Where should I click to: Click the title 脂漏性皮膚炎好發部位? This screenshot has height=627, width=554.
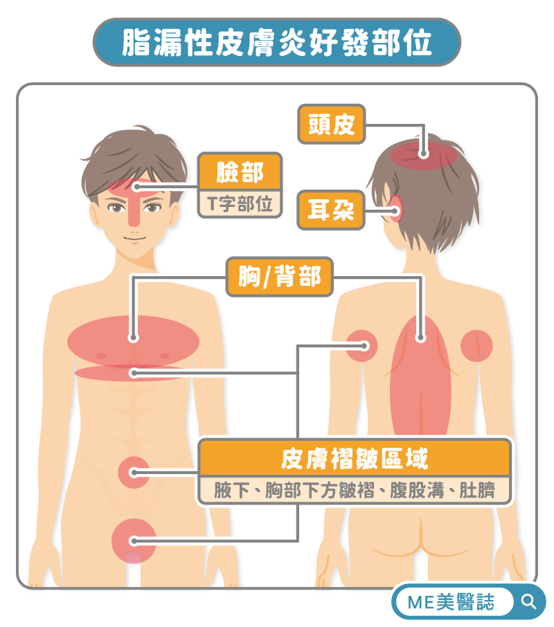click(x=276, y=43)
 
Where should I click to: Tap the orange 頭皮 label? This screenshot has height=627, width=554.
click(x=331, y=125)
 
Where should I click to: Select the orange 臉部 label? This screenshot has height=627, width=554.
click(x=240, y=172)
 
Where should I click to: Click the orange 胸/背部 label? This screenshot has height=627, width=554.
click(x=280, y=277)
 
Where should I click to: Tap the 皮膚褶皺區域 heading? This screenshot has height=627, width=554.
click(x=355, y=458)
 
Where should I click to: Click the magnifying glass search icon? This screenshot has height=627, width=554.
click(x=528, y=601)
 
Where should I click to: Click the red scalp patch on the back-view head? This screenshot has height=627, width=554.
click(x=423, y=156)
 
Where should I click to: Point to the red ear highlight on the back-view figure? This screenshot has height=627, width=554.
click(x=395, y=208)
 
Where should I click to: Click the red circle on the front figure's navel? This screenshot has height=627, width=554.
click(x=134, y=473)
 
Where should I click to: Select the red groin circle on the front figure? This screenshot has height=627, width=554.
click(x=134, y=540)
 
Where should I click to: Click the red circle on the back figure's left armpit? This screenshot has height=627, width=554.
click(x=361, y=345)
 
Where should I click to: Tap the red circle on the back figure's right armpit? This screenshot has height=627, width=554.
click(x=476, y=345)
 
